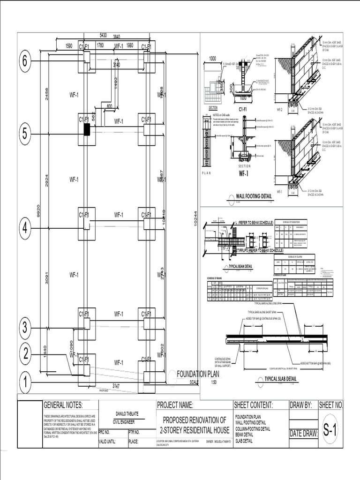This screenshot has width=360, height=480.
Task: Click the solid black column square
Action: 87,130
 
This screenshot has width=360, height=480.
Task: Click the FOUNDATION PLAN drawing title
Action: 198,374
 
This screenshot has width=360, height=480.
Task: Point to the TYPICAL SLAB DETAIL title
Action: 281,379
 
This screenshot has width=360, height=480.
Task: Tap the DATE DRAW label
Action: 304,434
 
